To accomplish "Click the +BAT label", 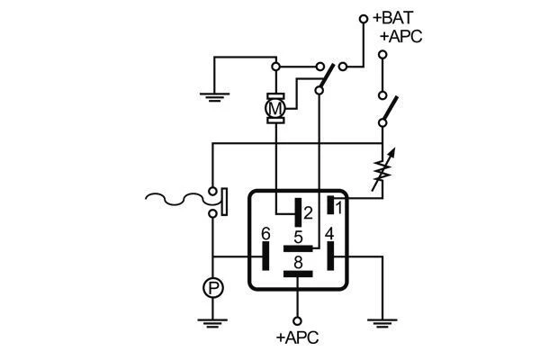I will (x=392, y=17).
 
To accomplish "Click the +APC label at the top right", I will (x=400, y=36).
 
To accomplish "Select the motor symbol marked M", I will (x=276, y=109).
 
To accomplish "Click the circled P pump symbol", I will (x=212, y=287).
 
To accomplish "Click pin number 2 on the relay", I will (x=308, y=213).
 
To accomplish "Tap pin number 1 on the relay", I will (x=339, y=206).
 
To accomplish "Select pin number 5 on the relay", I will (x=297, y=237).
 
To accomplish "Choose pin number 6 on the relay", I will (x=265, y=234).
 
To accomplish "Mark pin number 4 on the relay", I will (x=329, y=234).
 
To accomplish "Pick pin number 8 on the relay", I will (x=297, y=262).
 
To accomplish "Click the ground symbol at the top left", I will (x=213, y=94).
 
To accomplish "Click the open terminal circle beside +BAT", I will (x=364, y=17).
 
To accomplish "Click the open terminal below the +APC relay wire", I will (x=298, y=319).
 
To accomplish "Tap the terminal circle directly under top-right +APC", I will (x=382, y=55).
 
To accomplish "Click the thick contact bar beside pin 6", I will (x=267, y=256).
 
